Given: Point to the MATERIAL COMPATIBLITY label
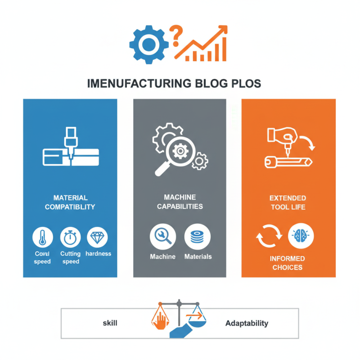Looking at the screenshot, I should point(71,202).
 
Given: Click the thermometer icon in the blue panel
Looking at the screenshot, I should point(43,237).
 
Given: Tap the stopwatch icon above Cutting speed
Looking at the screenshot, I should point(71,237).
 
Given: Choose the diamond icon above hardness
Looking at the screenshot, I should point(97,237).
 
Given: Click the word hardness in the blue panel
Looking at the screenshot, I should point(98,254).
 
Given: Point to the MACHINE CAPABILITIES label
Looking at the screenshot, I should point(180,202).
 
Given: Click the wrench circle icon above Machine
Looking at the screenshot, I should point(162,237).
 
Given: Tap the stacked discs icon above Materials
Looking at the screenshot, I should point(197,237).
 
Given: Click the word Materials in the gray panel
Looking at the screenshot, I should point(198,256).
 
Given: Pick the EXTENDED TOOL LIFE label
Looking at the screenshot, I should point(288,202).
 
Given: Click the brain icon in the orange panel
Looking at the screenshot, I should point(301,236).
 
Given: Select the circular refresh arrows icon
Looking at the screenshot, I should point(269,236).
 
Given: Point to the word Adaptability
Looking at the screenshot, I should point(247,323).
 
